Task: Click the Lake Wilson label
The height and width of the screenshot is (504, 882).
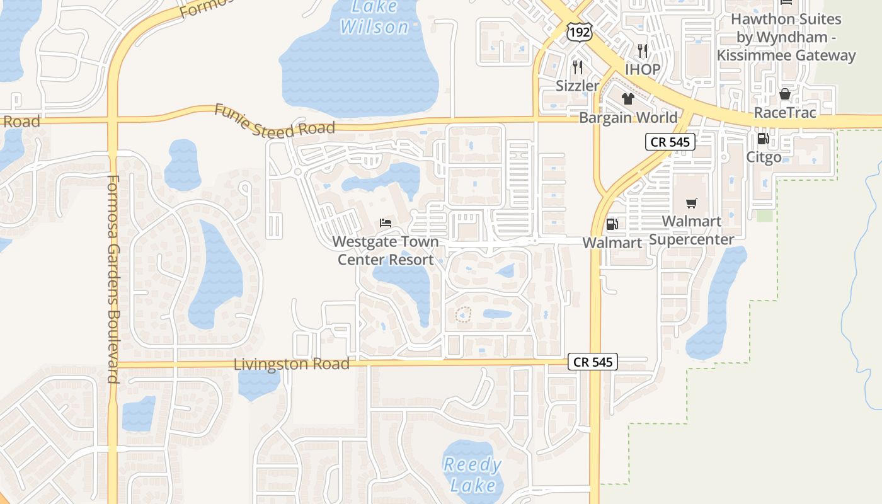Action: (375, 18)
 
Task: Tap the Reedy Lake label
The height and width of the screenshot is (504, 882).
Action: (472, 475)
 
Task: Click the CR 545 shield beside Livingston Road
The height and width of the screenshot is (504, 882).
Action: (592, 362)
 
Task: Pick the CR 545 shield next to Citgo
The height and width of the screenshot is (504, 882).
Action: (670, 142)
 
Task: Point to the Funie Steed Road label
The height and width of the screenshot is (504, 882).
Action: (275, 121)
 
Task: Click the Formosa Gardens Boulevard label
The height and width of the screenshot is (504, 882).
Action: (113, 279)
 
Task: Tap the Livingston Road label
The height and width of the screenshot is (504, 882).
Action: (291, 364)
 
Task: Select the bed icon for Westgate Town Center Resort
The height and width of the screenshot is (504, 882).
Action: (386, 223)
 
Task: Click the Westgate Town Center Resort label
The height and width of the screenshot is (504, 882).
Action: (386, 251)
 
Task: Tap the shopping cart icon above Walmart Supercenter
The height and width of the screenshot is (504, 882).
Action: (692, 203)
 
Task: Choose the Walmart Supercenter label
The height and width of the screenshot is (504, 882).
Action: (692, 231)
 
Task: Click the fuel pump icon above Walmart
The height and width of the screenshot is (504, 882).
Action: (611, 224)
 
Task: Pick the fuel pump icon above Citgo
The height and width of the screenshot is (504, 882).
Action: (763, 139)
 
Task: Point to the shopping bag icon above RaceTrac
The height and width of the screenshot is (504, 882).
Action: (784, 94)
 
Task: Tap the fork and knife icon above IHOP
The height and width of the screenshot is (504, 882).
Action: (642, 50)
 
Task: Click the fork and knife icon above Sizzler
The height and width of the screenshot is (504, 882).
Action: (577, 67)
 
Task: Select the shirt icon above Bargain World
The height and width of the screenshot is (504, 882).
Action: (628, 98)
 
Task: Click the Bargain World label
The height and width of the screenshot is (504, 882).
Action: (628, 118)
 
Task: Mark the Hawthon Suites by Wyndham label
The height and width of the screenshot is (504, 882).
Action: (786, 37)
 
